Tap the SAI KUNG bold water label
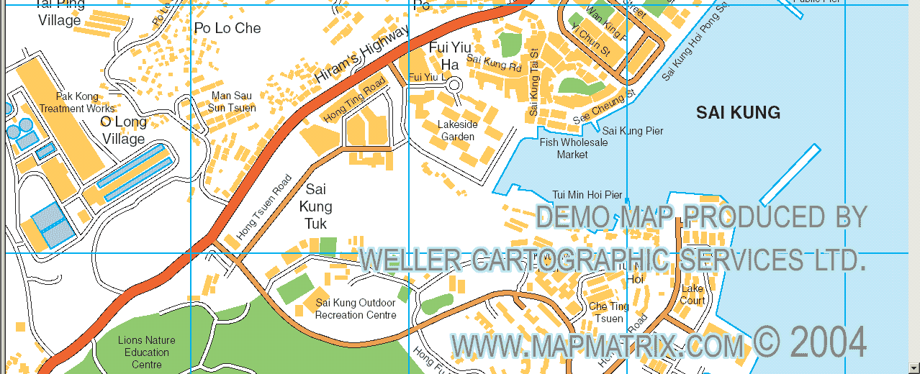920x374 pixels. click(738, 112)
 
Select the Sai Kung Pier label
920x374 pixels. click(633, 131)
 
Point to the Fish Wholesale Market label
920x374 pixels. click(574, 148)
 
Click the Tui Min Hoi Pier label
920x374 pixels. click(587, 195)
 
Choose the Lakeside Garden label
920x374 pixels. click(458, 130)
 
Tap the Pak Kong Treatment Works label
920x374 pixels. click(77, 102)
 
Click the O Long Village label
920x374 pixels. click(123, 130)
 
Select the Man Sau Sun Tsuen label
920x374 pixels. click(232, 101)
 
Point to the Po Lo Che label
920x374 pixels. click(227, 28)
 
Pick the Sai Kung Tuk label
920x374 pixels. click(316, 206)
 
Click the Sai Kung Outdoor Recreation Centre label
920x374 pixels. click(356, 309)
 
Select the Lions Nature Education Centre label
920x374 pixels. click(147, 352)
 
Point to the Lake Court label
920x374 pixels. click(693, 295)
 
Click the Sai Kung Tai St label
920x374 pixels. click(533, 82)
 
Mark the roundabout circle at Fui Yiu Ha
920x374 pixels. click(454, 86)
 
